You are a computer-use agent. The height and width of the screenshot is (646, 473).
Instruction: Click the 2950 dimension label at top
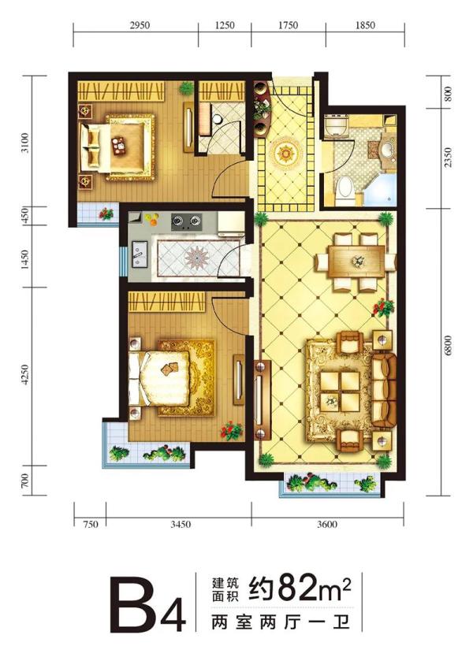click(140, 25)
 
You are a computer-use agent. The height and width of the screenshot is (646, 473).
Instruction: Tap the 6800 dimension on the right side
click(449, 346)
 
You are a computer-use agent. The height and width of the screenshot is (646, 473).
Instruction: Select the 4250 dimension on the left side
click(25, 374)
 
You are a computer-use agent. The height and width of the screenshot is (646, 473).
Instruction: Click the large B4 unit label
click(148, 606)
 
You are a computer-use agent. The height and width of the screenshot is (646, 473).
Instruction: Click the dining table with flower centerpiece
click(356, 262)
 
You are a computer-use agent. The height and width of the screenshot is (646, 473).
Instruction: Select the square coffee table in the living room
click(340, 391)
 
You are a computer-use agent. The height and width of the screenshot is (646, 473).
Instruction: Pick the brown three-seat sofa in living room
click(383, 389)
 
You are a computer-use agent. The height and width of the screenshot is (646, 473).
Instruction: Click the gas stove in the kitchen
click(186, 221)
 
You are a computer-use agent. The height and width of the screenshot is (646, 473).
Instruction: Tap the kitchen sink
click(139, 254)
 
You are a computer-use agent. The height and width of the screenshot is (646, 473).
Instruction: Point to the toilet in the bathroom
click(345, 191)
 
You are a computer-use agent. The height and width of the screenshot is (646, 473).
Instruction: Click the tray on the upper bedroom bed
click(120, 146)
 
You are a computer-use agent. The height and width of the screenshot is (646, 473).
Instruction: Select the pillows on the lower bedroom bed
click(135, 378)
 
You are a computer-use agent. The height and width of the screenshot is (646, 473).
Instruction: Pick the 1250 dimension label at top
click(225, 25)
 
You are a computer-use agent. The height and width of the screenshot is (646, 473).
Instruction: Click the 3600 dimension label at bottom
click(328, 524)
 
